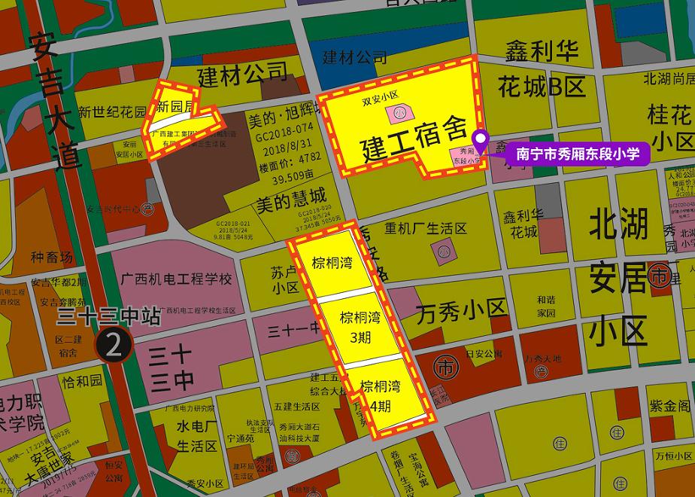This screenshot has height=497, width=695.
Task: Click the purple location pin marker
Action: coord(481,140)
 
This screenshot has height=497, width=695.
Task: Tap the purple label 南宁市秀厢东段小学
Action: coord(577,154)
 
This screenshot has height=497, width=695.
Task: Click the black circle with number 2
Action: coord(114,345)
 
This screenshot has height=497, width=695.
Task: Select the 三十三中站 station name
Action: coord(109,316)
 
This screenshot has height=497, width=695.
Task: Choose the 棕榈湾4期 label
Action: coord(380,396)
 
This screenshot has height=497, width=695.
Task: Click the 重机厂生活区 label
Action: coord(426,227)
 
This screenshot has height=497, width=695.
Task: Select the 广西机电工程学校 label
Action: coord(177,279)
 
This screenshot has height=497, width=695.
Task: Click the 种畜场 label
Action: coord(52,258)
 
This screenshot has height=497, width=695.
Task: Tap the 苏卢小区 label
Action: coord(285,279)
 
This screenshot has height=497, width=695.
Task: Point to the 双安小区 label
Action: coord(379,96)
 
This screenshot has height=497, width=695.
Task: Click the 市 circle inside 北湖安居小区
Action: coord(660,275)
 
